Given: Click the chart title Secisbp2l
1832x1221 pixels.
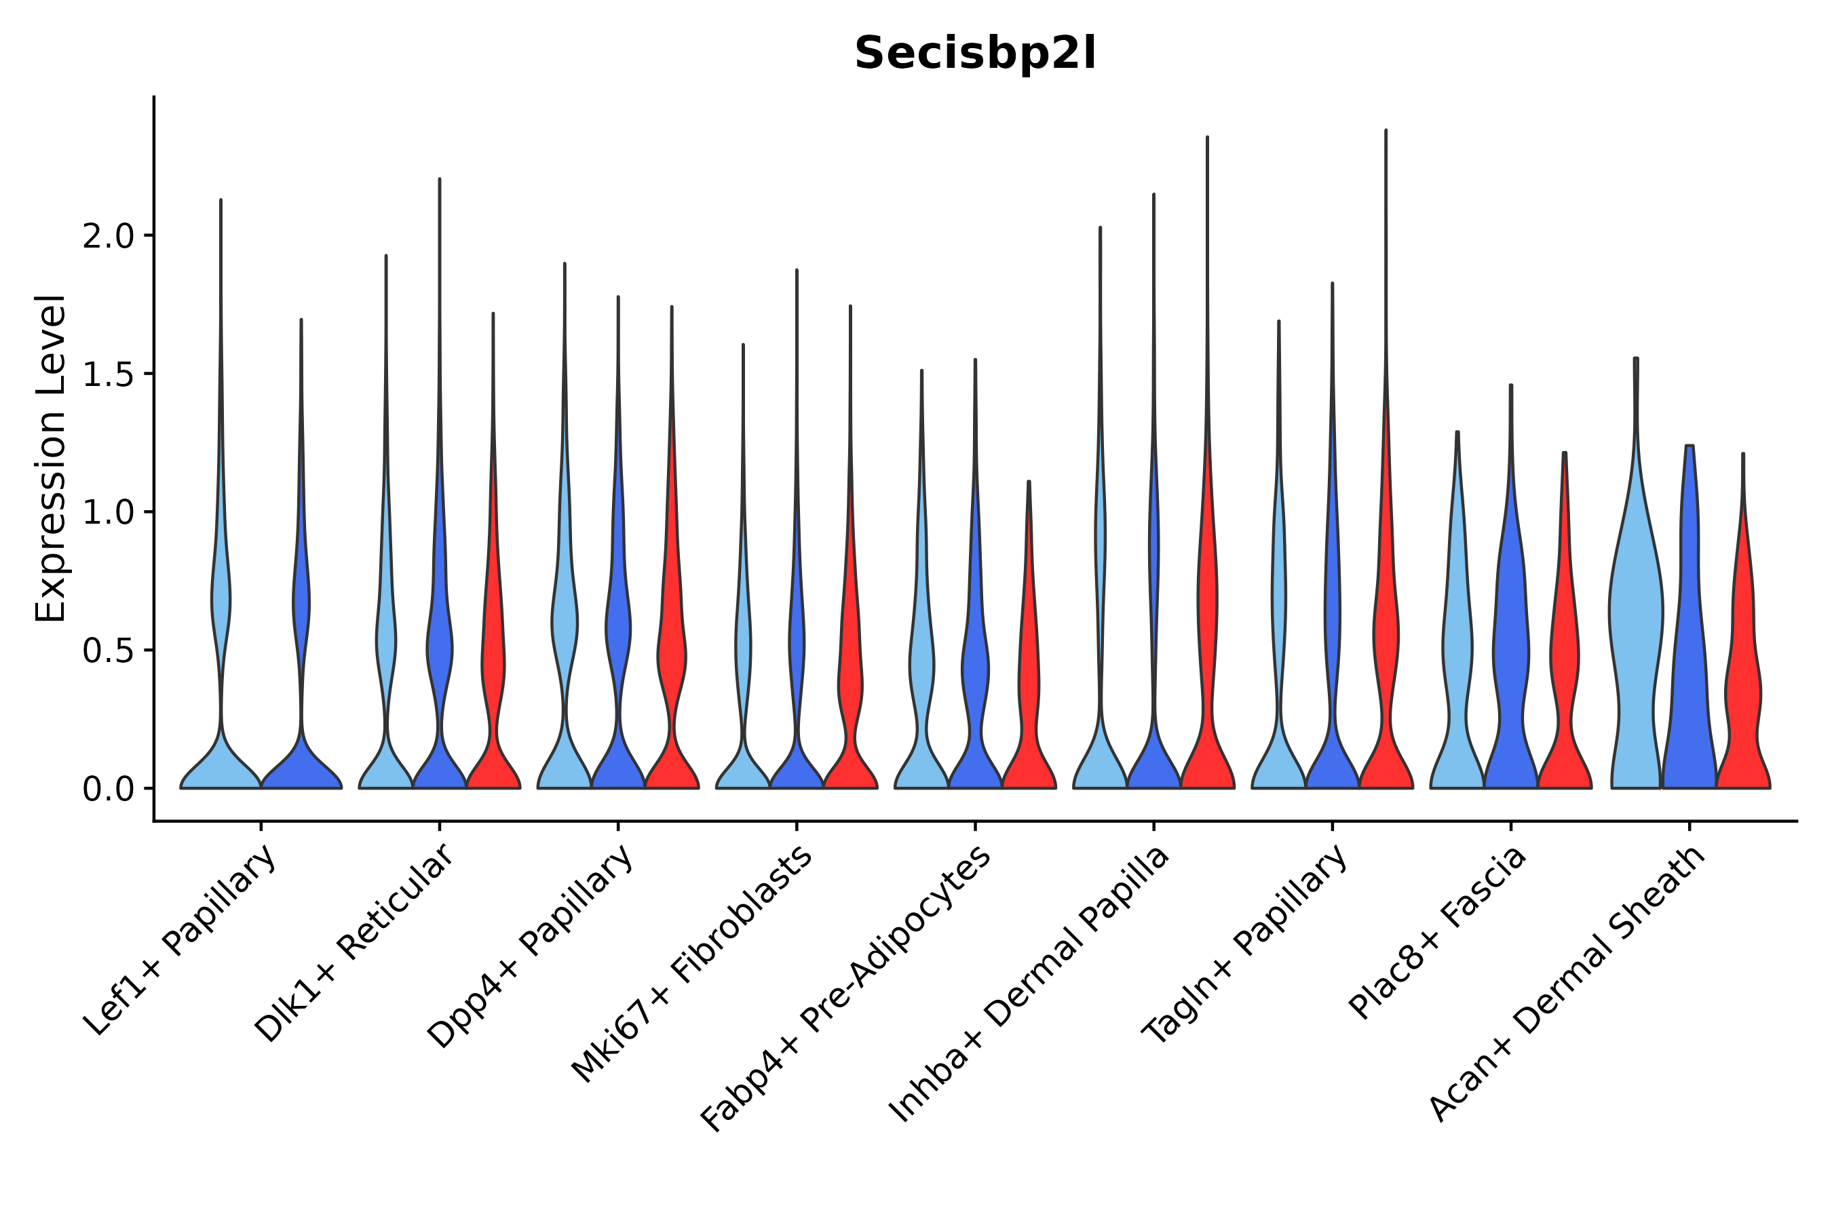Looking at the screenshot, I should coord(974,54).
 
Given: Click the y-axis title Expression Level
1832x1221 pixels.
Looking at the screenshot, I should coord(52,458).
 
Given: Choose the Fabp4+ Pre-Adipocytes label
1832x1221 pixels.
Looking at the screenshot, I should coord(846,988).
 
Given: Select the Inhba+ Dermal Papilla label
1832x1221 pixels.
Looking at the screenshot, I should coord(1029,984).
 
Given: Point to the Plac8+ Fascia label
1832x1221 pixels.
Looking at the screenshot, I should coord(1438,932).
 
